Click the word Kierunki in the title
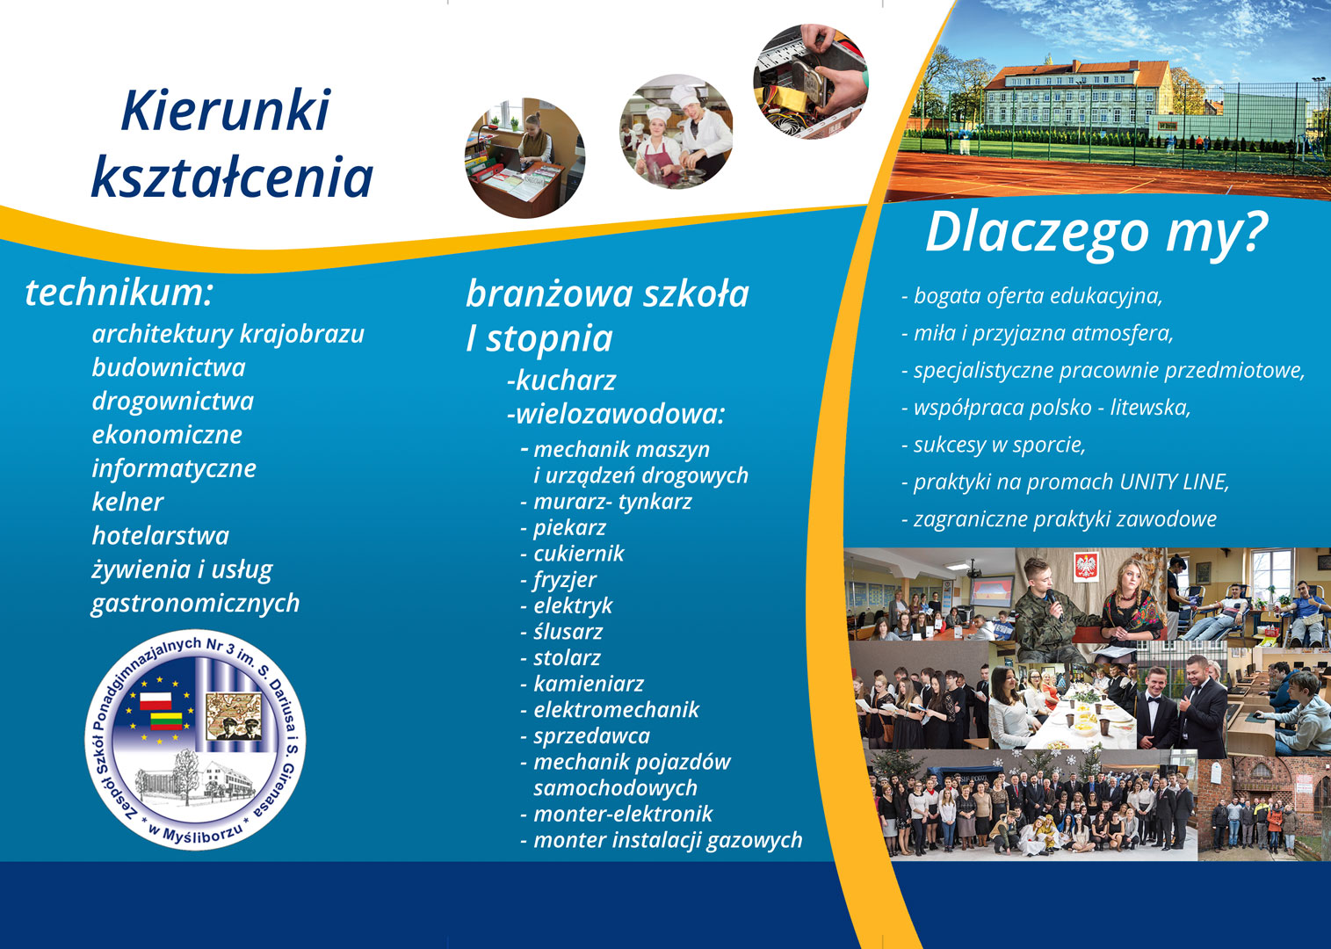pos(226,111)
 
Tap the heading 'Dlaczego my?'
pos(1097,234)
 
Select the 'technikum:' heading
pos(119,293)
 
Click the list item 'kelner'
pos(127,502)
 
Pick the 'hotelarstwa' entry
pos(161,535)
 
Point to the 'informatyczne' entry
pos(174,469)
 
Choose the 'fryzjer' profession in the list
pos(565,580)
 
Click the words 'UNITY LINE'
pos(1174,482)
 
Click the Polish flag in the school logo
pos(156,700)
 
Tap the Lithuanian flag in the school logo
pos(166,721)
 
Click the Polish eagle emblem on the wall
pos(1086,566)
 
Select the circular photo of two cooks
pos(676,131)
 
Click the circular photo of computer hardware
pos(811,82)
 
